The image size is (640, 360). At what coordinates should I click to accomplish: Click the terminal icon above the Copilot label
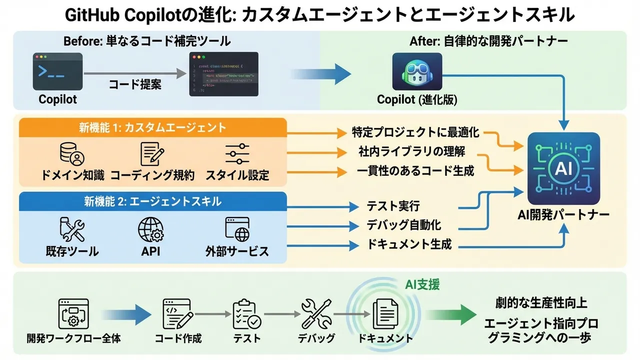[57, 71]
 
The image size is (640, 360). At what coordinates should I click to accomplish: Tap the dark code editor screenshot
[224, 74]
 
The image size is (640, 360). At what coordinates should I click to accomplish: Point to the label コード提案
[135, 84]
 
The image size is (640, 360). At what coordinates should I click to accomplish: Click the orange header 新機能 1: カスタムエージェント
[152, 127]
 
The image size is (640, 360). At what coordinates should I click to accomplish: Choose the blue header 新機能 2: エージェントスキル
[152, 201]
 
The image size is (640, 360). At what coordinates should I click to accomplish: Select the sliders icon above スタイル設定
[237, 154]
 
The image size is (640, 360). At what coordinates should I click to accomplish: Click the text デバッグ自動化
[404, 225]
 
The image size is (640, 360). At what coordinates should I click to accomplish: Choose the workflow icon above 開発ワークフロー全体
[73, 312]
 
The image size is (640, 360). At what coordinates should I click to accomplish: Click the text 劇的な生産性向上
[541, 303]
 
